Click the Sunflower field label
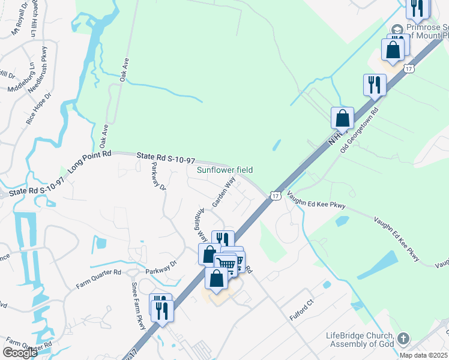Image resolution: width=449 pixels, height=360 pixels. click(x=226, y=170)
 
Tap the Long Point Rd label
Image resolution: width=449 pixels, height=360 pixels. click(x=90, y=162)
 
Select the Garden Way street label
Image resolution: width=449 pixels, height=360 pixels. click(x=222, y=191)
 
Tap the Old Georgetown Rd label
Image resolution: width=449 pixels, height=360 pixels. click(x=360, y=130)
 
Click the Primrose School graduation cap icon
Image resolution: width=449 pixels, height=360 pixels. click(x=397, y=29)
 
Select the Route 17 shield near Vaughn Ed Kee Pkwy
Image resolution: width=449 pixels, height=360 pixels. click(x=275, y=196)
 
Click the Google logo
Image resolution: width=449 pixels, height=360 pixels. click(x=20, y=353)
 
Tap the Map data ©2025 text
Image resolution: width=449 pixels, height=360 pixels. click(x=423, y=355)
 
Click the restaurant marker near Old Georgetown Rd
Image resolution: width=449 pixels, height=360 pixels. click(x=375, y=83)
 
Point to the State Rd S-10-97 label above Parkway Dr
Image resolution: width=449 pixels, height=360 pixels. click(x=166, y=158)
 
